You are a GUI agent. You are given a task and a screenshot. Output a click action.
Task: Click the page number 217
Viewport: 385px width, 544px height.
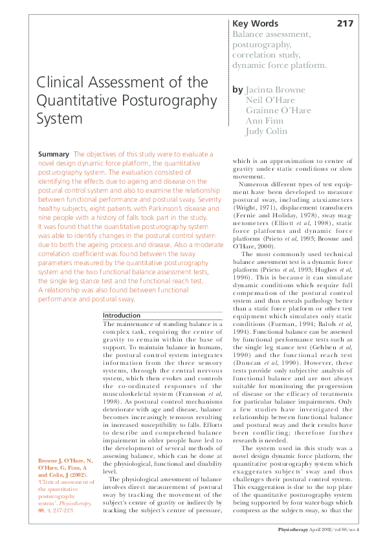pos(345,23)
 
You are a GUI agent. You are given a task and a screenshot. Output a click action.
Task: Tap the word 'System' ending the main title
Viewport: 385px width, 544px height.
pos(59,119)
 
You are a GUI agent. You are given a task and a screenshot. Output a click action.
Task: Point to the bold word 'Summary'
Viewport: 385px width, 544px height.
pos(54,155)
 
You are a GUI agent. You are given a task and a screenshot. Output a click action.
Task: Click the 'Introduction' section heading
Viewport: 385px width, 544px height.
pos(122,315)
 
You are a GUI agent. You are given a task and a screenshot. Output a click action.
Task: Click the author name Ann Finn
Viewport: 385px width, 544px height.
pos(265,121)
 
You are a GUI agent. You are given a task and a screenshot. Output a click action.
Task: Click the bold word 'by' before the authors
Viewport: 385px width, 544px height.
pos(237,90)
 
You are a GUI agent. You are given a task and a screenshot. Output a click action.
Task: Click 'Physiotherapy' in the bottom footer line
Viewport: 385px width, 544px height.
pos(296,529)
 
